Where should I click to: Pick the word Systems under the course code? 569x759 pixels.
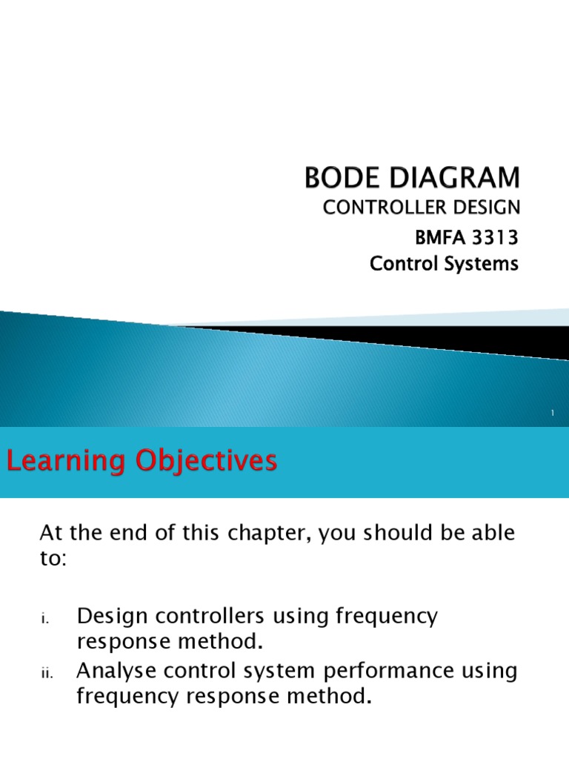tap(485, 263)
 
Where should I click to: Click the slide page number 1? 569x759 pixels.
tap(553, 414)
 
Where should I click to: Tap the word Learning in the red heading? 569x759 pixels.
tap(64, 461)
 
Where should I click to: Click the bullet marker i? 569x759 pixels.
tap(44, 618)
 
